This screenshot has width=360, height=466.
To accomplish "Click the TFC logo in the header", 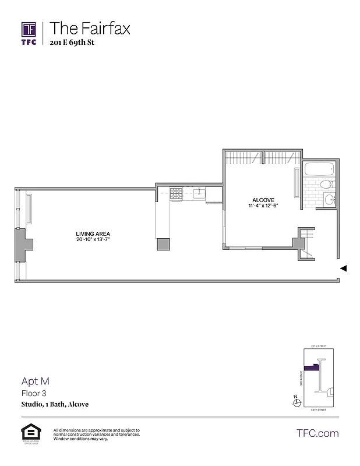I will pos(29,33).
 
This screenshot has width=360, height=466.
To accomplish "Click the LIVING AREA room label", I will pos(93,234).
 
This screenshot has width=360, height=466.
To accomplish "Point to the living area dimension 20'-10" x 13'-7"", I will pos(93,239).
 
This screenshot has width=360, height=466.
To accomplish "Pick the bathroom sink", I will pos(330,201).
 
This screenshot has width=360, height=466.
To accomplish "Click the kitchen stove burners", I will pos(176,195).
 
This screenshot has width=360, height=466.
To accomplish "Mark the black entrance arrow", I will pos(344,269).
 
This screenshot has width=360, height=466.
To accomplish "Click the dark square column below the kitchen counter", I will pos(163,244).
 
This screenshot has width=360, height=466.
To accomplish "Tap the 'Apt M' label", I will pos(36,382).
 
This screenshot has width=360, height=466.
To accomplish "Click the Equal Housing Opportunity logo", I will pos(28,433).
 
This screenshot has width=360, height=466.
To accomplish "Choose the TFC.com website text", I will pos(317,433).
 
